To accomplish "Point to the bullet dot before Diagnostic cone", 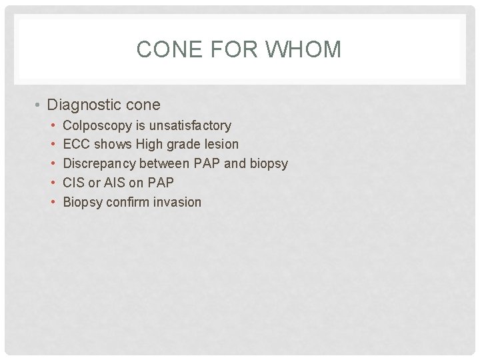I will click(x=40, y=105).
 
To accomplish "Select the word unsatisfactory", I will click(x=190, y=125).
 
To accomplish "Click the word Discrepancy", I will click(x=99, y=163).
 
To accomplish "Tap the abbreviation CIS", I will click(x=74, y=183).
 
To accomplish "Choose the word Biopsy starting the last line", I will click(x=83, y=202).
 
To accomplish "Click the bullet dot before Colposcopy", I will click(x=52, y=125).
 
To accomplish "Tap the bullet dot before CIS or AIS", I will click(x=52, y=183).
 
